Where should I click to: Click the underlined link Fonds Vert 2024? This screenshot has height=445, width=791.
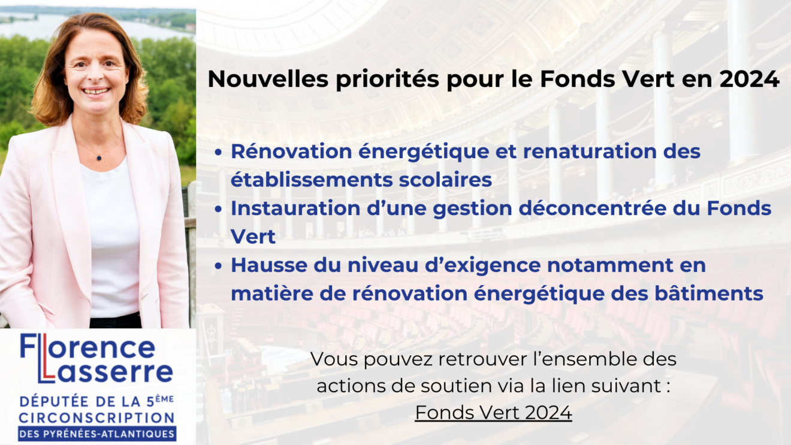click(493, 413)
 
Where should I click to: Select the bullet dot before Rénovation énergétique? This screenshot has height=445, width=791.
click(218, 152)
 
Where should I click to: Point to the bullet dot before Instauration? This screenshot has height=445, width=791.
click(218, 209)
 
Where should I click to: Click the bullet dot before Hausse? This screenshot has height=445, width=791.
click(218, 266)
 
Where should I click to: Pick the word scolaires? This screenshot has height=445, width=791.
click(445, 180)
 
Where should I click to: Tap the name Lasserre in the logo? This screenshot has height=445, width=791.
click(105, 371)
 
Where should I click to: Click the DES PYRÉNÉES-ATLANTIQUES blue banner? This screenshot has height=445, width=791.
click(97, 434)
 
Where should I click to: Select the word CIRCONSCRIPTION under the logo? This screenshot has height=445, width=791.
click(96, 418)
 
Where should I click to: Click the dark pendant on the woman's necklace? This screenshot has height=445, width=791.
click(99, 158)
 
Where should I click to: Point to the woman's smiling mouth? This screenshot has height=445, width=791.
click(96, 91)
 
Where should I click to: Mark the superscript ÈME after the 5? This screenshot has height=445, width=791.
click(165, 399)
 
